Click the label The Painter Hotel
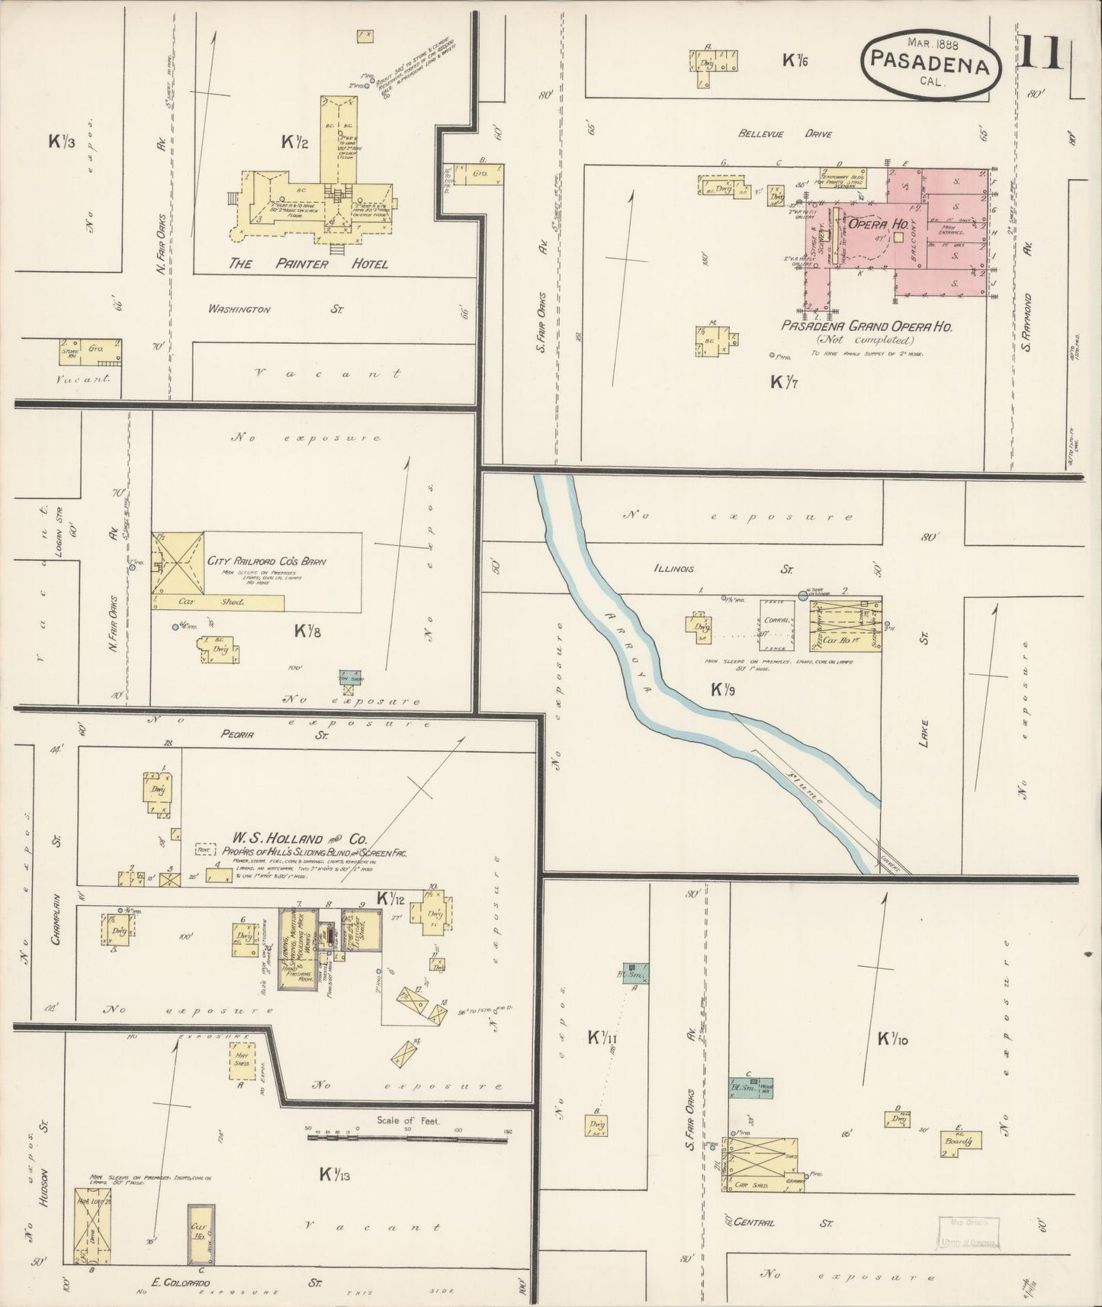pos(309,264)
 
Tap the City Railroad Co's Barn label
pos(266,561)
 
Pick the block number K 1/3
pos(61,141)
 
